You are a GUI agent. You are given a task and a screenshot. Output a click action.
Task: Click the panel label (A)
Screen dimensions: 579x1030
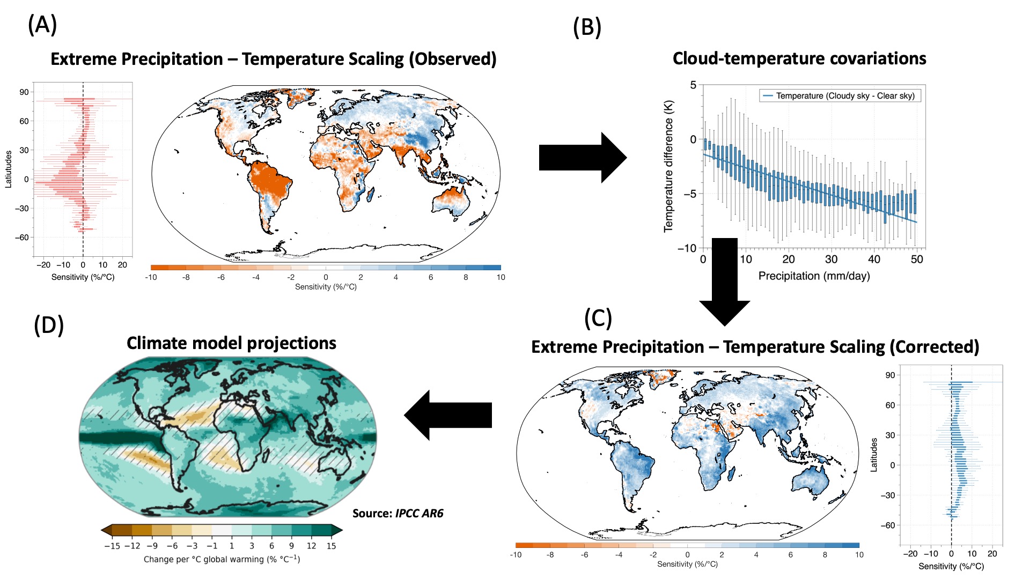pos(42,24)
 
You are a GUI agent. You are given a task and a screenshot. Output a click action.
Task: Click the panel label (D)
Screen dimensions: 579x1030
pos(49,325)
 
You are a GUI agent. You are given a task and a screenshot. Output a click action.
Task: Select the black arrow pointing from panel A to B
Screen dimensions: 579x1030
pos(582,158)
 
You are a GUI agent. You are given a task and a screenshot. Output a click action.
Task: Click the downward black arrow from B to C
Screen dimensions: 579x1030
pos(725,281)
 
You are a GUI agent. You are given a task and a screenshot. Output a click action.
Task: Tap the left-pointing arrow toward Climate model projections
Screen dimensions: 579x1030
pos(448,415)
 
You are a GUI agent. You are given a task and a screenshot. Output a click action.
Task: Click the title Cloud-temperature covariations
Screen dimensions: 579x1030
pos(799,58)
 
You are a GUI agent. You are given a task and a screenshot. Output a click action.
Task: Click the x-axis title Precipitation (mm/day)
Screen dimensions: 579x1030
pos(814,276)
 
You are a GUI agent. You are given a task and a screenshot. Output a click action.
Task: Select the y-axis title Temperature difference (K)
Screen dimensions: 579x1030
pos(668,166)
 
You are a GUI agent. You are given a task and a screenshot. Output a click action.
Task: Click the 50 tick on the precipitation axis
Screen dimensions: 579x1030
pos(917,259)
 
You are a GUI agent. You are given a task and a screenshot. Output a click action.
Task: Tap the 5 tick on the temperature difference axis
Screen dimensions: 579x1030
pos(693,85)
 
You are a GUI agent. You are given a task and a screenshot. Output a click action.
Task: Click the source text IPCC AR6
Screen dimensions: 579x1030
pos(419,514)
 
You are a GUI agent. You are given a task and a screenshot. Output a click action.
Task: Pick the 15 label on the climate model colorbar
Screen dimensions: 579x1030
pos(331,546)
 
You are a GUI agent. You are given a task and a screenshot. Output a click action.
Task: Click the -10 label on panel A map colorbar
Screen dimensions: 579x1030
pos(151,277)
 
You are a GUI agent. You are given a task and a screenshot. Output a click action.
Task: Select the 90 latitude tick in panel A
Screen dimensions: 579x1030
pos(24,92)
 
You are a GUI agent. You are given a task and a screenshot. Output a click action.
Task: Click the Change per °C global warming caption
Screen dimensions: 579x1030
pos(222,559)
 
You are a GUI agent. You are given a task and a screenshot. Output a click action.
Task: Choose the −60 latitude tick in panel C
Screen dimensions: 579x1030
pos(888,525)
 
